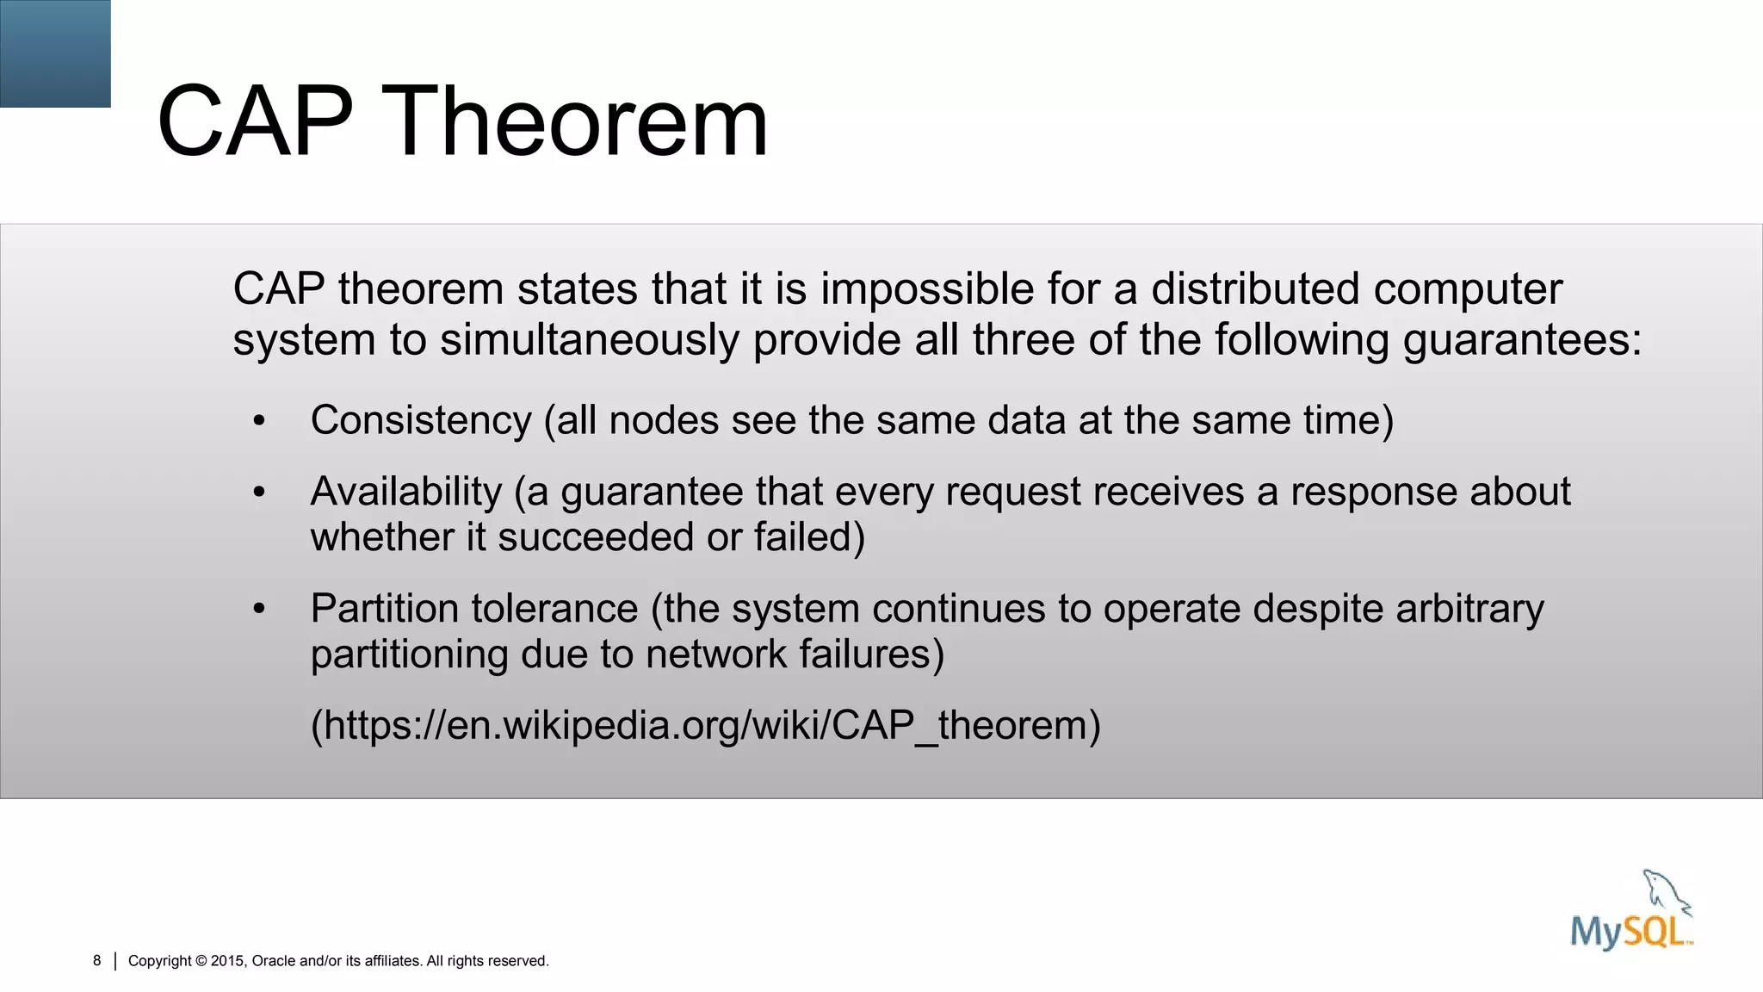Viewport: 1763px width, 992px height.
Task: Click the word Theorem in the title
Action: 578,122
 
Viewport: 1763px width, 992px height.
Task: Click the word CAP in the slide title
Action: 255,122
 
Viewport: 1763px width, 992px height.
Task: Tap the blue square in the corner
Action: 55,53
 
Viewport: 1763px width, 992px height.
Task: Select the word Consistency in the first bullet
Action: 420,421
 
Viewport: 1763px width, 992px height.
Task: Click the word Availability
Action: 405,493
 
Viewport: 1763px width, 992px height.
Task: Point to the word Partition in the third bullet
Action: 387,609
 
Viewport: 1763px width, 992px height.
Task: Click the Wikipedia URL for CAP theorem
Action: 705,726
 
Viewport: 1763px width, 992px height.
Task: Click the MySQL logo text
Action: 1630,932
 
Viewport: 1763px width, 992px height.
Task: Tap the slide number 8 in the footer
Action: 97,961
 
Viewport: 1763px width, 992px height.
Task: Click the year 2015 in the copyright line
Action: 227,961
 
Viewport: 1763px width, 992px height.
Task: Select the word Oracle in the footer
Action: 274,961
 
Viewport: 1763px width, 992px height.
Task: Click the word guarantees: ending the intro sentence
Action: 1522,341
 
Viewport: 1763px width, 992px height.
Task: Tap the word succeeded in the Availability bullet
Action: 596,538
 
